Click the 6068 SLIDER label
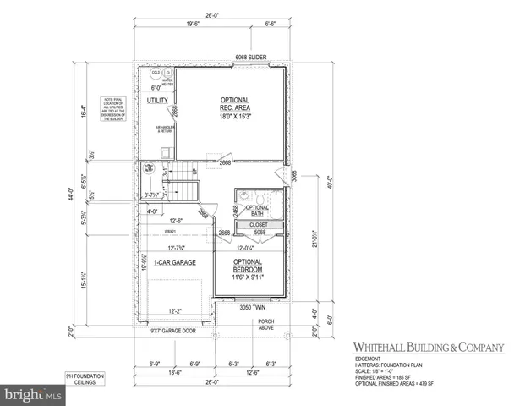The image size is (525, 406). click(252, 58)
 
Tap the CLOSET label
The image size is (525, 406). click(259, 226)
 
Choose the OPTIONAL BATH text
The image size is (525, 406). click(256, 211)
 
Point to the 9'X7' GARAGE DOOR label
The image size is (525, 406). click(172, 331)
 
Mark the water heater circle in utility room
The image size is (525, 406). click(167, 73)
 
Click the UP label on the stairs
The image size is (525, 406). click(194, 173)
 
